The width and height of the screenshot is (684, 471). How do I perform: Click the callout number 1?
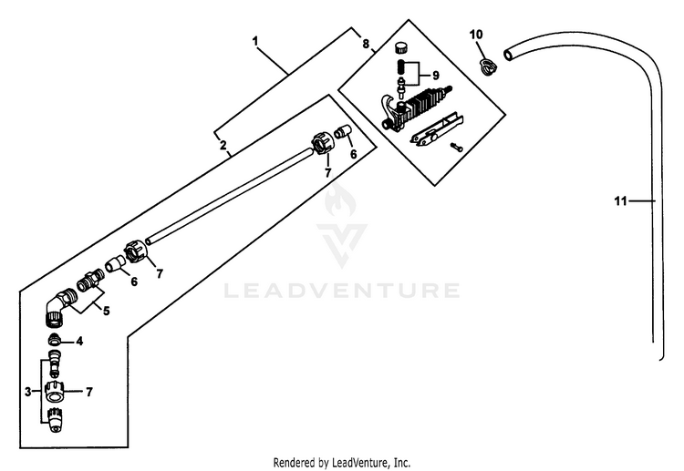click(x=256, y=41)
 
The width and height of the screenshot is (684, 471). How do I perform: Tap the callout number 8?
click(x=366, y=44)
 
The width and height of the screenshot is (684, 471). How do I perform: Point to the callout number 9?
click(x=435, y=75)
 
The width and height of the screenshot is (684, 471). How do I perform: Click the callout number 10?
click(x=475, y=35)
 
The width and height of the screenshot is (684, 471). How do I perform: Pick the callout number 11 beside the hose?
click(x=619, y=200)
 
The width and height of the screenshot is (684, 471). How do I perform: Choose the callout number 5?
click(x=106, y=311)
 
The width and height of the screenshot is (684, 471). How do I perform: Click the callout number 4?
click(x=79, y=342)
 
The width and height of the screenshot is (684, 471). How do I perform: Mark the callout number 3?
click(x=28, y=392)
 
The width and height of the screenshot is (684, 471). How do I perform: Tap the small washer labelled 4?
click(x=55, y=343)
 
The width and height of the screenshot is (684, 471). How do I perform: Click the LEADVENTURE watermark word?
click(x=342, y=292)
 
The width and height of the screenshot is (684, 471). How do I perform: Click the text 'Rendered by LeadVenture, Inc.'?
click(x=342, y=462)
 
